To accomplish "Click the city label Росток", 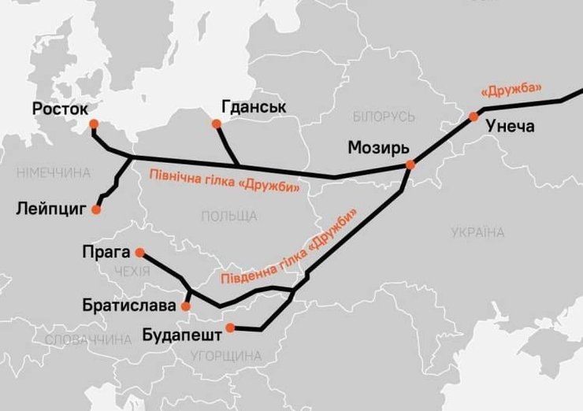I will (x=61, y=108).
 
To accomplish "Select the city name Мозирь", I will (x=379, y=149).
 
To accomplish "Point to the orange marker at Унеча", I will (x=473, y=117).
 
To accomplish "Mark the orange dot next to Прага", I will (x=139, y=253).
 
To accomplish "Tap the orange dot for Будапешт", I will (x=229, y=328).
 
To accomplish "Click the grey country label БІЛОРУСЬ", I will (x=384, y=117).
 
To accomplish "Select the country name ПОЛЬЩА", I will (x=228, y=216).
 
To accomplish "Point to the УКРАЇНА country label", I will (x=477, y=232).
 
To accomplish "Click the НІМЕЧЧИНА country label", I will (x=53, y=172).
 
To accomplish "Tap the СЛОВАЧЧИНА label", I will (x=87, y=340).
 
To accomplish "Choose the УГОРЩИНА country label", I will (x=226, y=356).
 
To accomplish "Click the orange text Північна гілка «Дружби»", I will (x=226, y=180).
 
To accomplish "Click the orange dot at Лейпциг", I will (x=96, y=210).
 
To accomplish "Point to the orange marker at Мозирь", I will (x=410, y=164).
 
